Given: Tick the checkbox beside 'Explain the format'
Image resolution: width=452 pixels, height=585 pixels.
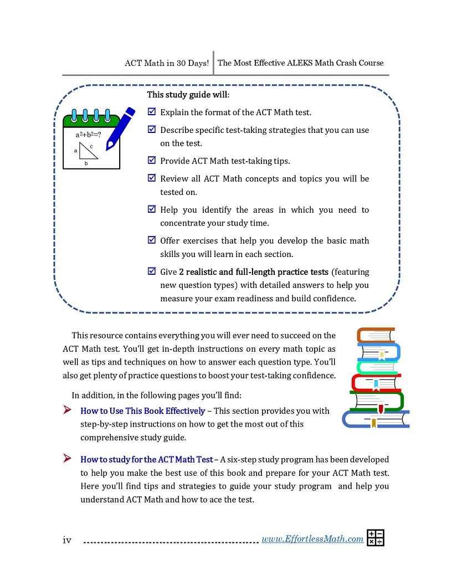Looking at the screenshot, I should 152,112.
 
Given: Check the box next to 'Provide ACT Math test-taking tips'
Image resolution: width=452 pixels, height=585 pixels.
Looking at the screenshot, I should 152,161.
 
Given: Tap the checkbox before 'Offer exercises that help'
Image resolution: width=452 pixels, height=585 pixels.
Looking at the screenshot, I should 152,240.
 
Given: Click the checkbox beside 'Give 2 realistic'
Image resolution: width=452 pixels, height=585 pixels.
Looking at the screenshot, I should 152,271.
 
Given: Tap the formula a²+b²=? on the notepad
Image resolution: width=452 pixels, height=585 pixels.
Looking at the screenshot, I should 88,135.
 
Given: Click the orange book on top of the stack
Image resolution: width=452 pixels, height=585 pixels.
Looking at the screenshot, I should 376,335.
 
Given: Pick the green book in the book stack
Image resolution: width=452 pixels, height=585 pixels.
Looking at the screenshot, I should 377,401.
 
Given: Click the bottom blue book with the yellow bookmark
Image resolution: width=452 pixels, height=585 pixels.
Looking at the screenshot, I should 376,419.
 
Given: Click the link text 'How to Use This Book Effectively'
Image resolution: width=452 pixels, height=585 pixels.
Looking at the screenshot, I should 142,411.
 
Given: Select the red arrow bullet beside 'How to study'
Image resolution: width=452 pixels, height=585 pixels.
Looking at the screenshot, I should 67,459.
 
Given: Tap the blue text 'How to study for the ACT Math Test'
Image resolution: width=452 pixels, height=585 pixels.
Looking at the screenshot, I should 146,459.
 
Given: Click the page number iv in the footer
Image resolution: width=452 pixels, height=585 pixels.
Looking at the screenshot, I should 67,540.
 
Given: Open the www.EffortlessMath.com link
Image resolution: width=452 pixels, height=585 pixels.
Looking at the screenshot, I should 312,539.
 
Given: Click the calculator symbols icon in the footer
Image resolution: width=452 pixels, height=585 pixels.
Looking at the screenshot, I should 375,538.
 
